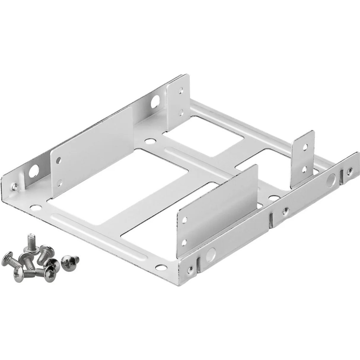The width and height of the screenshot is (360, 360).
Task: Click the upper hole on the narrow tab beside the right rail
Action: (304, 148)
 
